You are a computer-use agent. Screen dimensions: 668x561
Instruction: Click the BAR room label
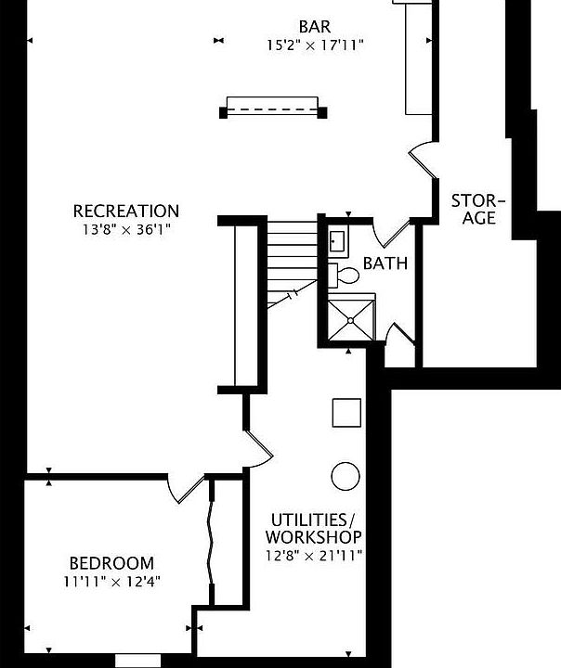[x=314, y=25]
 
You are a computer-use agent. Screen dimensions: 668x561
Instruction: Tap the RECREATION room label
[x=126, y=211]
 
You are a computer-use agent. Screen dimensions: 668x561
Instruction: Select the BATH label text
[x=385, y=263]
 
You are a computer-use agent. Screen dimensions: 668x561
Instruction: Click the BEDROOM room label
[x=111, y=563]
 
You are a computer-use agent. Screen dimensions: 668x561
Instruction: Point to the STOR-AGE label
[x=479, y=209]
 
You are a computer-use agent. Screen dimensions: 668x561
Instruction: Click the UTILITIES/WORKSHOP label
[x=313, y=528]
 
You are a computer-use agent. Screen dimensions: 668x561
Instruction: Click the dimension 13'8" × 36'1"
[x=126, y=227]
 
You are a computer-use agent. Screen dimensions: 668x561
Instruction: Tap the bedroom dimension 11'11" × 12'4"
[x=111, y=581]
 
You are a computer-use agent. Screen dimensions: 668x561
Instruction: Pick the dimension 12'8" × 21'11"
[x=313, y=555]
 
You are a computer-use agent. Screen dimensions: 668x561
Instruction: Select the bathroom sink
[x=337, y=241]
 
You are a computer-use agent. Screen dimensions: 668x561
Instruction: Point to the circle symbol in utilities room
[x=346, y=475]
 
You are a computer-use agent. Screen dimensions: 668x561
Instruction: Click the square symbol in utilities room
[x=346, y=412]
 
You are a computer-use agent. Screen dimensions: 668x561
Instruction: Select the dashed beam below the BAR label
[x=273, y=110]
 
